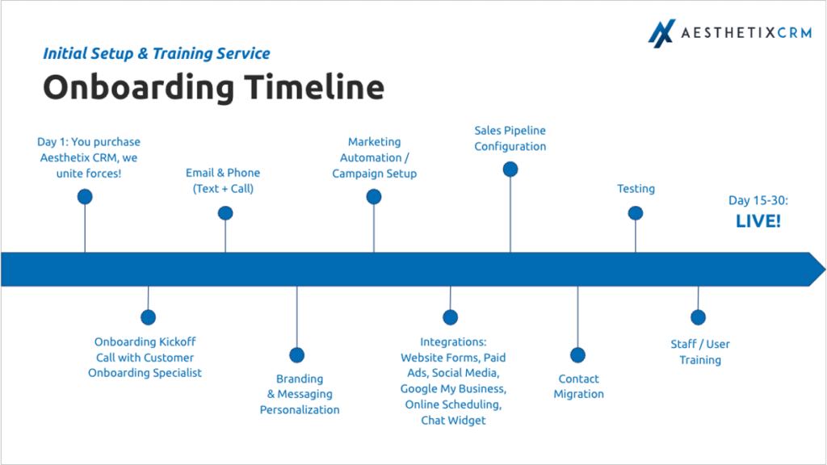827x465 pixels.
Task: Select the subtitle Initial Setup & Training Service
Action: (156, 54)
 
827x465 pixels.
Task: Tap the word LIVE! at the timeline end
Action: (758, 220)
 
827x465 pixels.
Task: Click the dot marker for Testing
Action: (636, 213)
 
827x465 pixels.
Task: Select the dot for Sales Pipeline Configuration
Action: (510, 170)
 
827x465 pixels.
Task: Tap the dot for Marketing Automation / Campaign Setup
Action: (373, 196)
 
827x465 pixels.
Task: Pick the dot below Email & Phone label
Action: (225, 213)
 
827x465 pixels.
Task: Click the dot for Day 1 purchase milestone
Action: (85, 196)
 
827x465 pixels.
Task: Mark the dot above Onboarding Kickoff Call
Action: (148, 317)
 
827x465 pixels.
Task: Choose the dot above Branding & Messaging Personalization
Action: (296, 354)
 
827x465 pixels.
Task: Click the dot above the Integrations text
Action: (450, 317)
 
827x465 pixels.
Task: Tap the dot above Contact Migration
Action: (577, 354)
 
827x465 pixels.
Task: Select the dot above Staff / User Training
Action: (698, 317)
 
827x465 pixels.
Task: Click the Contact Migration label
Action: (578, 386)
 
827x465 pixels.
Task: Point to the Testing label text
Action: (636, 188)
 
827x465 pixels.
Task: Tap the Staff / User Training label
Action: (699, 351)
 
